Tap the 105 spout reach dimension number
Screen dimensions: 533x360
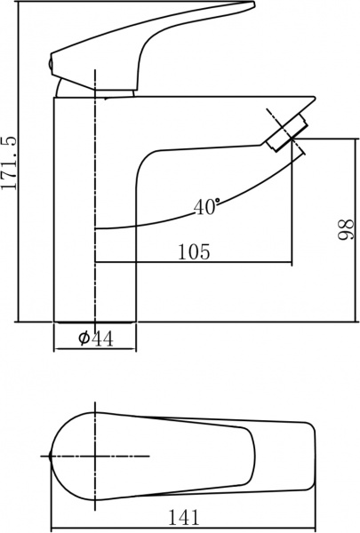[193, 251]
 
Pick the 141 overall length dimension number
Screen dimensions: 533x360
[183, 516]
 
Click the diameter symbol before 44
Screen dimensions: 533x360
[83, 338]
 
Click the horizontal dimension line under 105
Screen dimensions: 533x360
[193, 263]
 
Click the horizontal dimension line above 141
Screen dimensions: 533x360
[183, 505]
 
